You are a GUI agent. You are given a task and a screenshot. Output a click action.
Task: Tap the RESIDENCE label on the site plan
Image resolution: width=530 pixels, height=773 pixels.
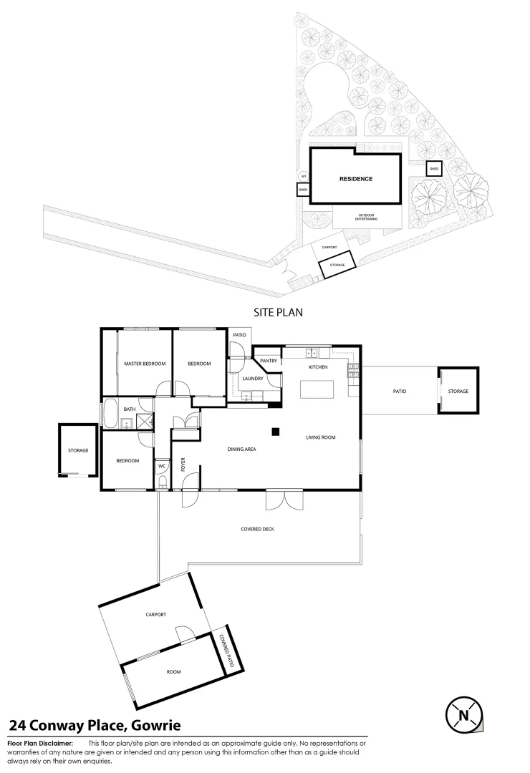click(x=355, y=179)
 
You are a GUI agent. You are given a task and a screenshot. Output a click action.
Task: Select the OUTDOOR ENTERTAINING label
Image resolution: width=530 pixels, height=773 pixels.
click(x=366, y=217)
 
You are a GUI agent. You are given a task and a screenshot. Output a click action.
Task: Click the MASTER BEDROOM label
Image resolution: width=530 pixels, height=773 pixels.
click(x=145, y=364)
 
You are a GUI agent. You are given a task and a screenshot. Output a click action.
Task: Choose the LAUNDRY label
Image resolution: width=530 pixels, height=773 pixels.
click(x=254, y=378)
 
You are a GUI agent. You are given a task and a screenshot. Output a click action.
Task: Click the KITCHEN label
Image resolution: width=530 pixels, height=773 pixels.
click(x=318, y=367)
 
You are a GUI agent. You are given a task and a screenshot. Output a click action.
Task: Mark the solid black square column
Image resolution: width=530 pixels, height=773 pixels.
click(x=274, y=431)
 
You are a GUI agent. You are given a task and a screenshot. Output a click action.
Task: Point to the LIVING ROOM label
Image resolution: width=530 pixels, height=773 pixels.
click(x=321, y=437)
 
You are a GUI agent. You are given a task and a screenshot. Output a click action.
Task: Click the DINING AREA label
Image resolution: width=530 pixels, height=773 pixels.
click(x=242, y=449)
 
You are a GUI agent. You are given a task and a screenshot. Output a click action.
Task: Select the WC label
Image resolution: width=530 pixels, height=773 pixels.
click(x=162, y=465)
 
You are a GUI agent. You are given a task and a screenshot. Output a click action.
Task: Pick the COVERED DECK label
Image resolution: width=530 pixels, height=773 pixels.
click(x=259, y=529)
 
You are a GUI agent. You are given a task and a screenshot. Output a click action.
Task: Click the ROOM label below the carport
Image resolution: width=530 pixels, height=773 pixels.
click(x=173, y=672)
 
